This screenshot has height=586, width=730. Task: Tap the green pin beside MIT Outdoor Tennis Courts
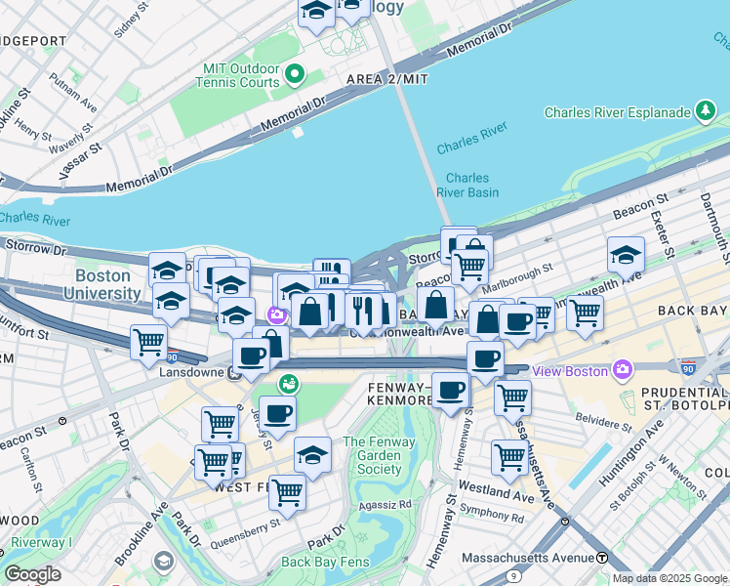coord(293,73)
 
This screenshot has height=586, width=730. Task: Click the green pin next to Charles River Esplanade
coord(705,111)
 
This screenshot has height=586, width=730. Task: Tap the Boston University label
coord(109,284)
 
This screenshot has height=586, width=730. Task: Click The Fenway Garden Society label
coord(379,455)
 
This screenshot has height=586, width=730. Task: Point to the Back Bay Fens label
coord(322,562)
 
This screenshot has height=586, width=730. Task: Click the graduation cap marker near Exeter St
coord(626,256)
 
